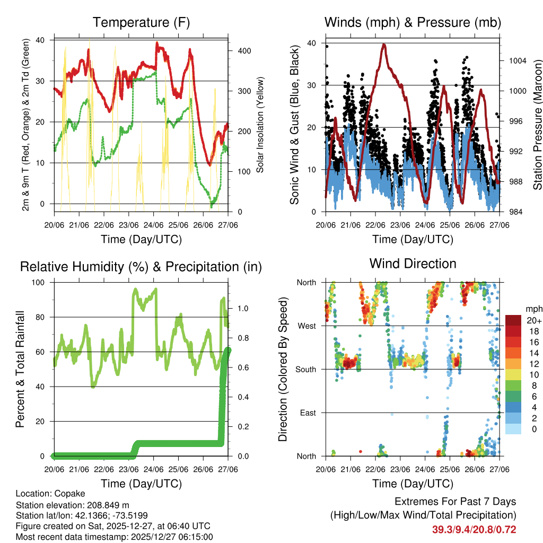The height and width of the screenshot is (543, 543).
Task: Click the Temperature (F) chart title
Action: coord(141,23)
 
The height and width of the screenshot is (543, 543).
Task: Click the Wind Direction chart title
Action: coord(413,264)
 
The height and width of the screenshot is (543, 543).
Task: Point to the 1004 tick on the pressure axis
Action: coord(516,60)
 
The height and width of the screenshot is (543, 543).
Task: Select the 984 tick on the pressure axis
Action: coord(514,212)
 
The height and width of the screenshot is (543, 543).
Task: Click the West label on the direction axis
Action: coord(307,326)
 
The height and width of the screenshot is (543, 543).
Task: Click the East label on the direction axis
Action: coord(308,413)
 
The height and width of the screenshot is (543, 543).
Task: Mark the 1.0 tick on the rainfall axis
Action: coord(243,308)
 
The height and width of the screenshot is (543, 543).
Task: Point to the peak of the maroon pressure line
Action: coord(383,45)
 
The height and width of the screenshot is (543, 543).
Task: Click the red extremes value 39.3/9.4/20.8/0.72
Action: coord(474,530)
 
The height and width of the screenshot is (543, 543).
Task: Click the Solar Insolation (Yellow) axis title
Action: coord(260,125)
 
